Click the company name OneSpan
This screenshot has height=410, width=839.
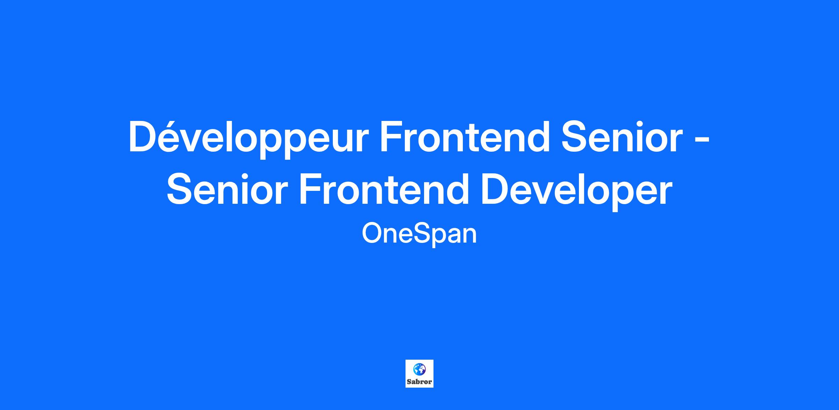click(419, 234)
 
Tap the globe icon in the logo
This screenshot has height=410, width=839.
click(419, 369)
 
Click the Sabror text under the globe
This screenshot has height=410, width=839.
click(419, 382)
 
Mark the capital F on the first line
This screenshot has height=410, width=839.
click(392, 137)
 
